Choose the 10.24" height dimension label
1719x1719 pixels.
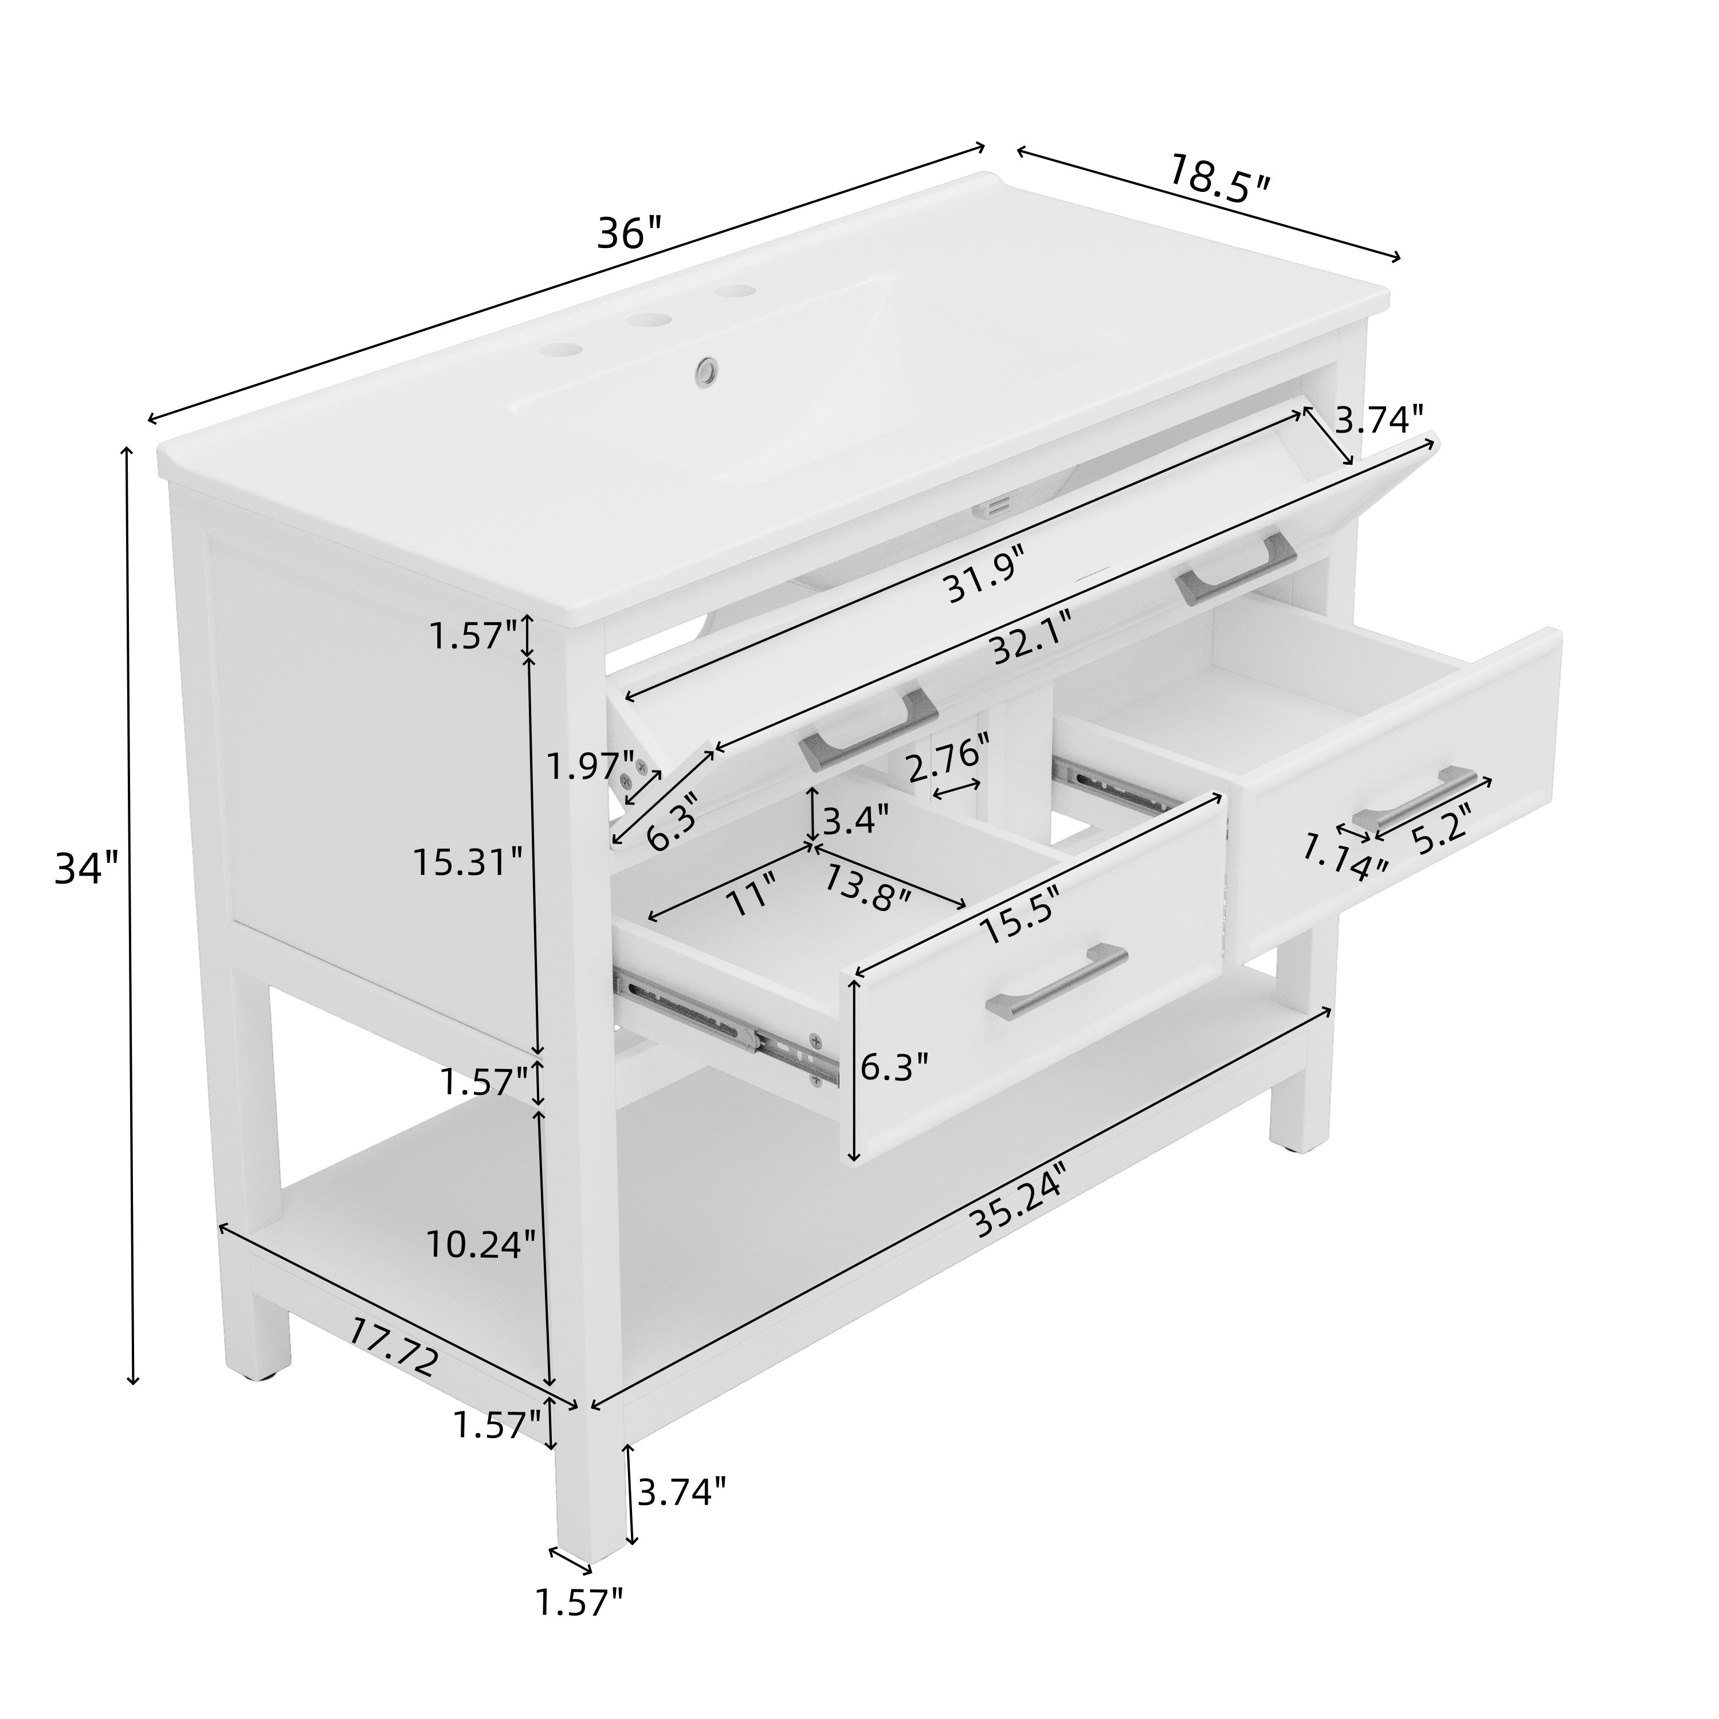[x=481, y=1244]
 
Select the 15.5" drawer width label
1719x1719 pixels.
[x=1021, y=918]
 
